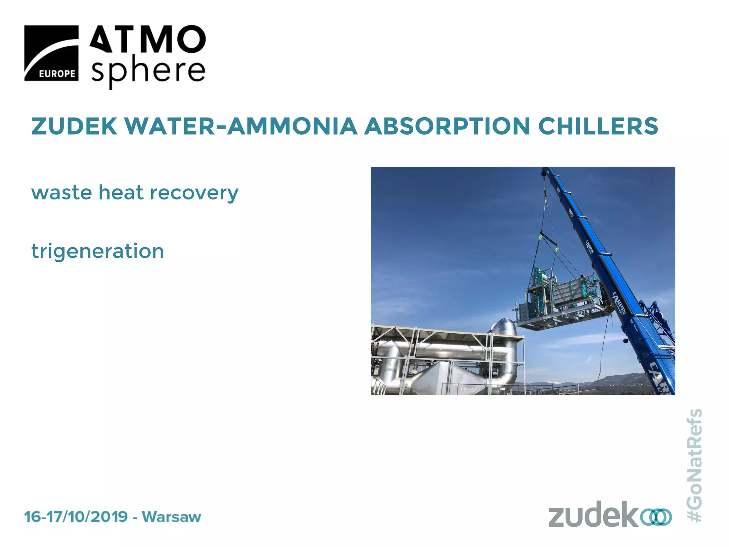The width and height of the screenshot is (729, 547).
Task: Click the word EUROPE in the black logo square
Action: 57,74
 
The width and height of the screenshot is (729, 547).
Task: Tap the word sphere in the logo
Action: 148,72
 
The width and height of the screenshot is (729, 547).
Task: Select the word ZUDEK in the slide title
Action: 74,126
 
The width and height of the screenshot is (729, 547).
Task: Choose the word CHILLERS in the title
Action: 598,126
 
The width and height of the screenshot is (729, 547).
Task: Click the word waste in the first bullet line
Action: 62,193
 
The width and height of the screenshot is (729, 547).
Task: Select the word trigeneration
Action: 98,251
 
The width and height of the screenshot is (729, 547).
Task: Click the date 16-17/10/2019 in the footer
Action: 76,517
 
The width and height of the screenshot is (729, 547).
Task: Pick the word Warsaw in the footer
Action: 172,517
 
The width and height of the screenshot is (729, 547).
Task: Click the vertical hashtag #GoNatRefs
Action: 694,465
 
